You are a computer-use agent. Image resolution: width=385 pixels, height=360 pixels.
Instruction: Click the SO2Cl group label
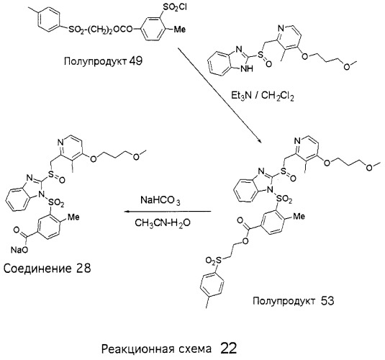[x=175, y=8]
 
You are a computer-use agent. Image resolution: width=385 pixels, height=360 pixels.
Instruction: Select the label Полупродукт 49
[x=103, y=61]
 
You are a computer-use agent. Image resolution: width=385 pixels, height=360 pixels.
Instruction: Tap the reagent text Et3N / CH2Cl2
[x=262, y=96]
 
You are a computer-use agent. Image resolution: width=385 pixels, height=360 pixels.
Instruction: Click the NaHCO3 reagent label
[x=160, y=200]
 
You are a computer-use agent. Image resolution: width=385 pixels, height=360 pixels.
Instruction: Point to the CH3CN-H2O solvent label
[x=163, y=223]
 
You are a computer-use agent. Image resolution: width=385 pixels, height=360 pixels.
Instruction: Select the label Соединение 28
[x=47, y=269]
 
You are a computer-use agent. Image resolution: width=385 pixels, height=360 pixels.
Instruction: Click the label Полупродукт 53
[x=294, y=301]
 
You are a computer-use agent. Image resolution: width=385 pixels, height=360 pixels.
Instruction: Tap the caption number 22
[x=229, y=348]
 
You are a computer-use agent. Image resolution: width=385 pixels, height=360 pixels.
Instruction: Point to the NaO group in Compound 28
[x=19, y=250]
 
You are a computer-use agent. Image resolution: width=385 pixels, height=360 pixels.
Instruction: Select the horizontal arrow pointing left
[x=168, y=212]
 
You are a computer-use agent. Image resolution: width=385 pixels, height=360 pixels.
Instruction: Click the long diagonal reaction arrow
[x=219, y=95]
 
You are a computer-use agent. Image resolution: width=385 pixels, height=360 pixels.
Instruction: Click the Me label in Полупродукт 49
[x=179, y=30]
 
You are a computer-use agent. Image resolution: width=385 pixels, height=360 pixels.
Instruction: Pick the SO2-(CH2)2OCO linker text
[x=101, y=30]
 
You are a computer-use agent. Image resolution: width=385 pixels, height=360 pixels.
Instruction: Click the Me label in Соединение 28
[x=73, y=217]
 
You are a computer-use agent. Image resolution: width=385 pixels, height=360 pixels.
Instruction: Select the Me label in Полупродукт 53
[x=299, y=216]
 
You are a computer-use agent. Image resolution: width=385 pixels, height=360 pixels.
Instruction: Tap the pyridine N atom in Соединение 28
[x=60, y=142]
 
